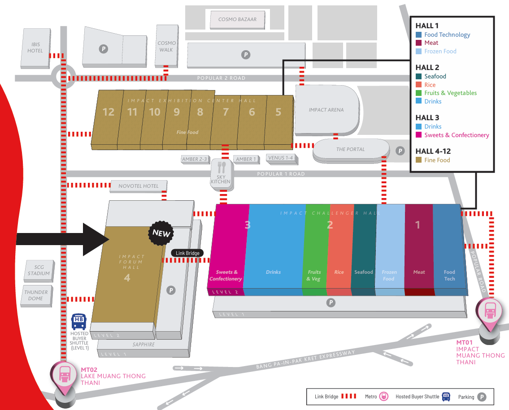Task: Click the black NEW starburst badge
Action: coord(161,233)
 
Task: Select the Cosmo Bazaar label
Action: coord(237,19)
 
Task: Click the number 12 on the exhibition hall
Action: coord(109,112)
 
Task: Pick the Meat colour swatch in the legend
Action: coord(418,43)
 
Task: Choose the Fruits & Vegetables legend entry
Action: coord(450,93)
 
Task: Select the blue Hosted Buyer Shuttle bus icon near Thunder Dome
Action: coord(79,321)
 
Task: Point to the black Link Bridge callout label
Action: coord(187,253)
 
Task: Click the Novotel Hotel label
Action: coord(139,186)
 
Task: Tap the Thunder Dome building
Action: coord(36,295)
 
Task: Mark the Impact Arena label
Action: coord(326,110)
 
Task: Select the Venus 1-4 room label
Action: coord(280,158)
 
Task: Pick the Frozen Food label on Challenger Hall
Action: coord(389,275)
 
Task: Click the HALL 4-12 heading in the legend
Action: coord(433,151)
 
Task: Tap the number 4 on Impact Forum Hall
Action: coord(127,278)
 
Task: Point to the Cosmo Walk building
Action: coord(166,46)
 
